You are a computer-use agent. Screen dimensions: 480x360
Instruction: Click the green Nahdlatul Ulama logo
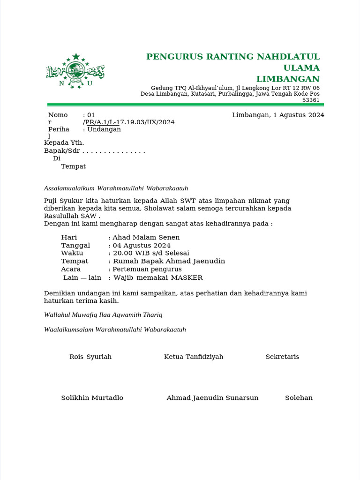tap(75, 72)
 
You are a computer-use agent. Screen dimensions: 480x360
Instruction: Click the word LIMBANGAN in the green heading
tap(288, 79)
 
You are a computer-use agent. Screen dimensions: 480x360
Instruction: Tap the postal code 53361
tap(310, 100)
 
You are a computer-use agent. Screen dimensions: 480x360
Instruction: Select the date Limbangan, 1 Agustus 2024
tap(278, 115)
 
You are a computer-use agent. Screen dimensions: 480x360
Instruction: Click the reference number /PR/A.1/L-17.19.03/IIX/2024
tap(129, 122)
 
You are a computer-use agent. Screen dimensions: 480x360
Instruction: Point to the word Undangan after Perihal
tap(104, 129)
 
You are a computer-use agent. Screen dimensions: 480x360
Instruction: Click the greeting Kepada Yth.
tap(64, 142)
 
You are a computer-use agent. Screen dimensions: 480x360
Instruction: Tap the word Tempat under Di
tap(73, 166)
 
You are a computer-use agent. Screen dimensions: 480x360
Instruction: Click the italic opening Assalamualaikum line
tap(116, 188)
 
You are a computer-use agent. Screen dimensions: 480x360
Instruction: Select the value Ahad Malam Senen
tap(146, 238)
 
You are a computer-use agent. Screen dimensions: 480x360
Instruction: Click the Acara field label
tap(71, 270)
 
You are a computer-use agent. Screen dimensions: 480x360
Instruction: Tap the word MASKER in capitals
tap(187, 278)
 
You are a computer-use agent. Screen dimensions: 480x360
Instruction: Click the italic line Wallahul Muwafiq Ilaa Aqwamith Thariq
tap(103, 315)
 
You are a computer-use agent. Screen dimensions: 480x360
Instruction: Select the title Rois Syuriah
tap(90, 357)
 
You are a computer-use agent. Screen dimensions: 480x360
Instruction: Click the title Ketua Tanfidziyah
tap(194, 357)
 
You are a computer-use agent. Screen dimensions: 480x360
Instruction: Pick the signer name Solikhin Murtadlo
tap(92, 398)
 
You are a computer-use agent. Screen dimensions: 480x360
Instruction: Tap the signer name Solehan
tap(299, 398)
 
